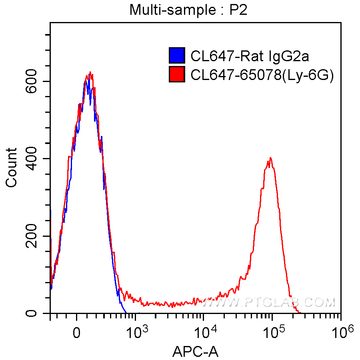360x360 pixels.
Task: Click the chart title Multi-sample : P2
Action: pos(188,10)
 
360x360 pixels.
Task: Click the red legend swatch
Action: pos(177,74)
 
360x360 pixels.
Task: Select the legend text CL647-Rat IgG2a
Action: pos(250,56)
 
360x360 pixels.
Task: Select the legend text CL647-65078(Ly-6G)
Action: pos(262,75)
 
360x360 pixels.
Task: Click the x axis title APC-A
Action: pos(195,352)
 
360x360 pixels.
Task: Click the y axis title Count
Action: pos(12,167)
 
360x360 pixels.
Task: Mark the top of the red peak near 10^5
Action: pos(271,158)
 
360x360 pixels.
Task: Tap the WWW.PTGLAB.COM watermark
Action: pos(268,302)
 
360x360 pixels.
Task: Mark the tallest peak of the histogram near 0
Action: pos(90,72)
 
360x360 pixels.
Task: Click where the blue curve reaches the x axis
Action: pos(126,313)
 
